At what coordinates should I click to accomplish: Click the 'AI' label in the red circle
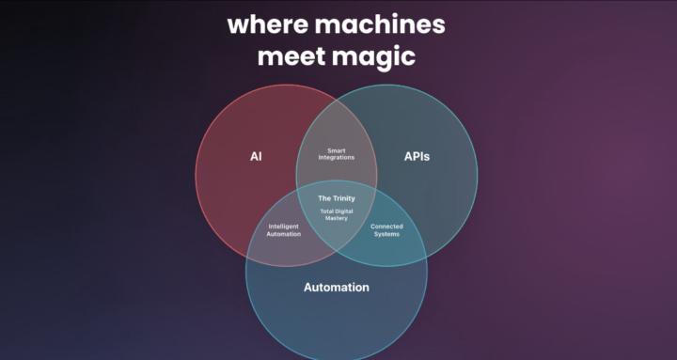click(256, 156)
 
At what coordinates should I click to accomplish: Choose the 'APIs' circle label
click(417, 156)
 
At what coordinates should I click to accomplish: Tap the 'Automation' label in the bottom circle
click(336, 287)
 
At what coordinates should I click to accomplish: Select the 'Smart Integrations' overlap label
click(337, 154)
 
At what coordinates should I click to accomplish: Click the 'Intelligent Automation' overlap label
click(284, 229)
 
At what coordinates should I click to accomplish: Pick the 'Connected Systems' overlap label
click(386, 229)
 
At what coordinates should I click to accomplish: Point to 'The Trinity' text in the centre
click(337, 198)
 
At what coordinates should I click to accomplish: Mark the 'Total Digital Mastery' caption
click(337, 214)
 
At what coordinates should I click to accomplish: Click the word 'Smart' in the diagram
click(337, 150)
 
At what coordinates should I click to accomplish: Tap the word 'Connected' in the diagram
click(386, 226)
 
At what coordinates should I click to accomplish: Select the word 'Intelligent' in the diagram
click(284, 226)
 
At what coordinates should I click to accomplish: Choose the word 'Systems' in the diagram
click(386, 234)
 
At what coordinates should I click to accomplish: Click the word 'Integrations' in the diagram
click(337, 158)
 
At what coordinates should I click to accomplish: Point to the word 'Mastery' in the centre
click(337, 218)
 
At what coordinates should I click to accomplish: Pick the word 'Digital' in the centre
click(343, 211)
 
